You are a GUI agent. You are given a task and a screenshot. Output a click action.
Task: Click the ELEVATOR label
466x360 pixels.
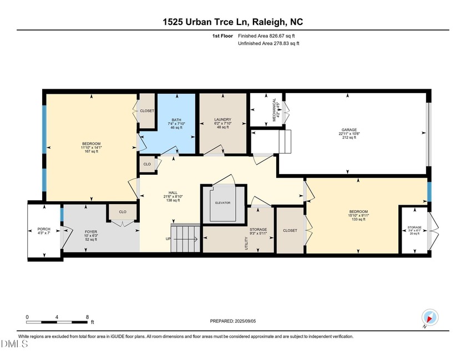point(222,203)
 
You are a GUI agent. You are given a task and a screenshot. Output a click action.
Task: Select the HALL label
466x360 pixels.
point(173,192)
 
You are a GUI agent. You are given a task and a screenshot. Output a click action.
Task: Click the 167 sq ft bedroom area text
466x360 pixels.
point(90,152)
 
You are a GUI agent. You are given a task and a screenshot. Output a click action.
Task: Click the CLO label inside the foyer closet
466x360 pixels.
point(123,211)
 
